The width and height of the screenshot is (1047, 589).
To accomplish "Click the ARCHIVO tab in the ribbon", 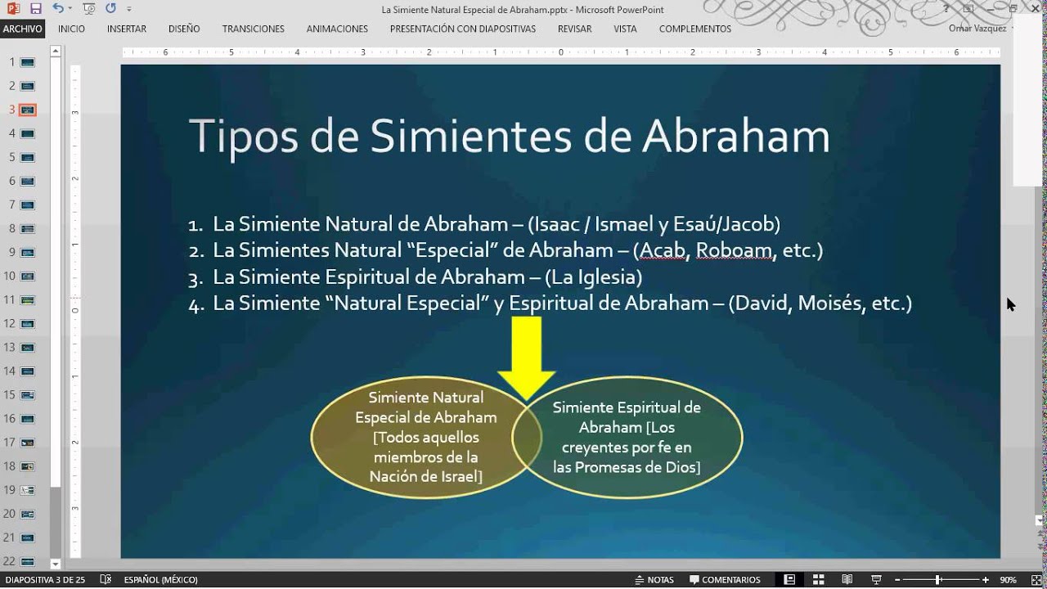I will click(22, 29).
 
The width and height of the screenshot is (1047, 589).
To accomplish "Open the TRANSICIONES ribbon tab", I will click(254, 29).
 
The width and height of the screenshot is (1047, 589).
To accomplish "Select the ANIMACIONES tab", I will click(337, 29).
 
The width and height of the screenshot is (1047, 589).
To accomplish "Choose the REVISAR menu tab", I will click(574, 29).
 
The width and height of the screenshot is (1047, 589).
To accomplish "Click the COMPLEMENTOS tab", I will click(695, 29).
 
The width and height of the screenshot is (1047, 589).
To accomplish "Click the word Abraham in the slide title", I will click(735, 137).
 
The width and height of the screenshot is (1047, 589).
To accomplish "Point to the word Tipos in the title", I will click(243, 137).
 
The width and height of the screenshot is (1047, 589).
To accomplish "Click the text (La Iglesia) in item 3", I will click(592, 277).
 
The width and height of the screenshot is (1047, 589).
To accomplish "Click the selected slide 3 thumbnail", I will click(28, 110).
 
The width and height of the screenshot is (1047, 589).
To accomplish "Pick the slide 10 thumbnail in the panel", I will click(28, 276).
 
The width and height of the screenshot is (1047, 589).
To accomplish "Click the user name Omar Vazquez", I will click(977, 29).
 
